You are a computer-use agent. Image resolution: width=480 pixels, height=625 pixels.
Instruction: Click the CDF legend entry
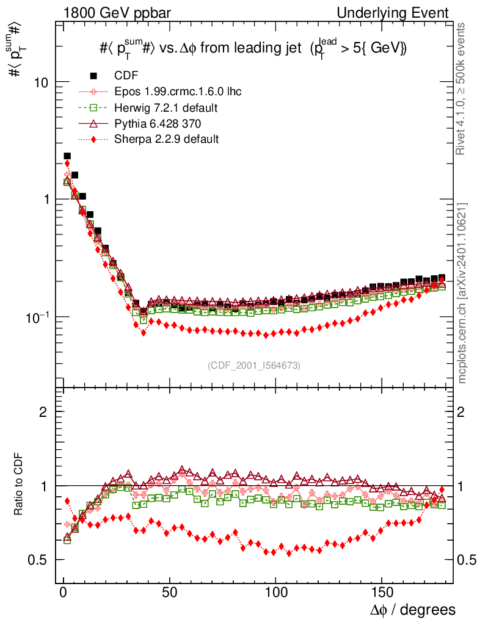126,76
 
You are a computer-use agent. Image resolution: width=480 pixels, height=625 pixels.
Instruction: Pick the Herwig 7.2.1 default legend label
166,107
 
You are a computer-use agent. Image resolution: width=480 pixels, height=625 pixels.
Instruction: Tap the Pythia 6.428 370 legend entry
161,123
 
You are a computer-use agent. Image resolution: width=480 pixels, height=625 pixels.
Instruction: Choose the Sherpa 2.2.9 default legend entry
166,139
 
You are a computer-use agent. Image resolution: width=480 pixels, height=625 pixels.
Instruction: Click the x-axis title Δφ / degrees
413,610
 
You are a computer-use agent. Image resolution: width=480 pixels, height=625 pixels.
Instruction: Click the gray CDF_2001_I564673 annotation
254,365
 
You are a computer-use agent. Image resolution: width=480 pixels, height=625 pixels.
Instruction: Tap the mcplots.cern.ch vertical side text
462,293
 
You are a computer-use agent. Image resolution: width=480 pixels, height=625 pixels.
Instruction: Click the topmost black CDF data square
67,156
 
